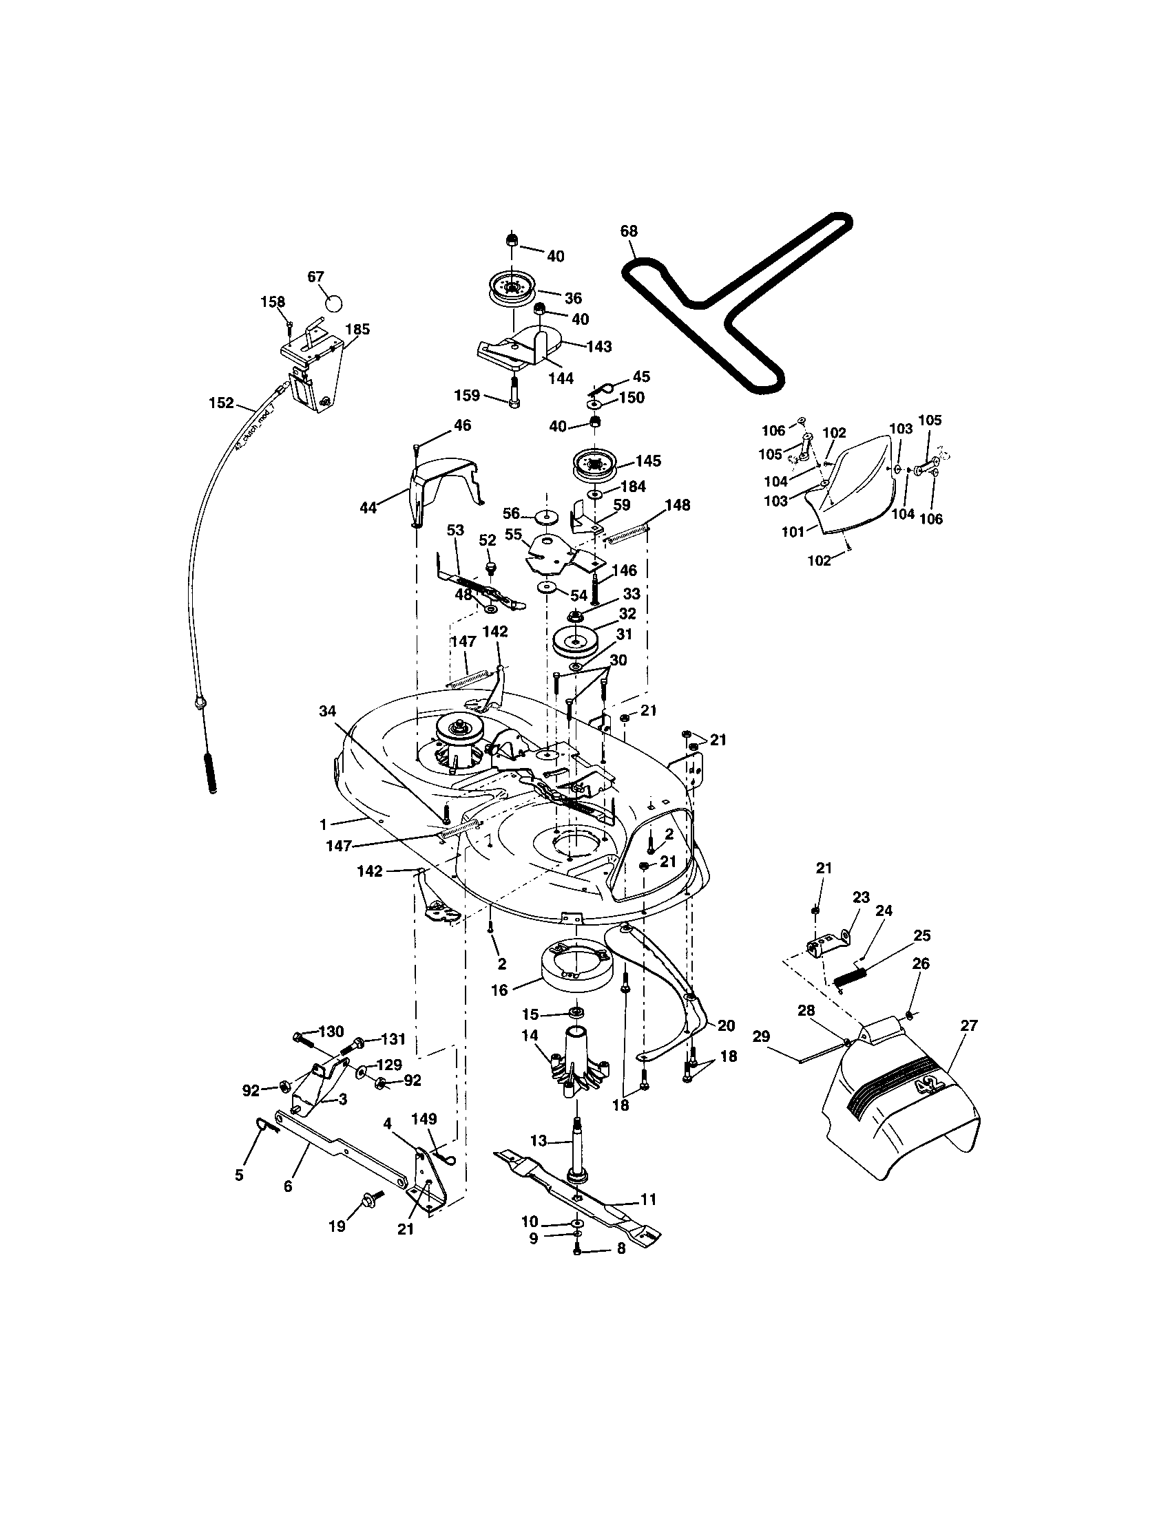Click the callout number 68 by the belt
point(628,231)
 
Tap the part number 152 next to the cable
point(221,403)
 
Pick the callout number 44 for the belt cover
point(368,508)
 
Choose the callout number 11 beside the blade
point(649,1200)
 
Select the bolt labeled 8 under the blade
point(577,1248)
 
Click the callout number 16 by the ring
point(500,990)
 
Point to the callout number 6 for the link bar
point(288,1186)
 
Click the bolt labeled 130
point(302,1039)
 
